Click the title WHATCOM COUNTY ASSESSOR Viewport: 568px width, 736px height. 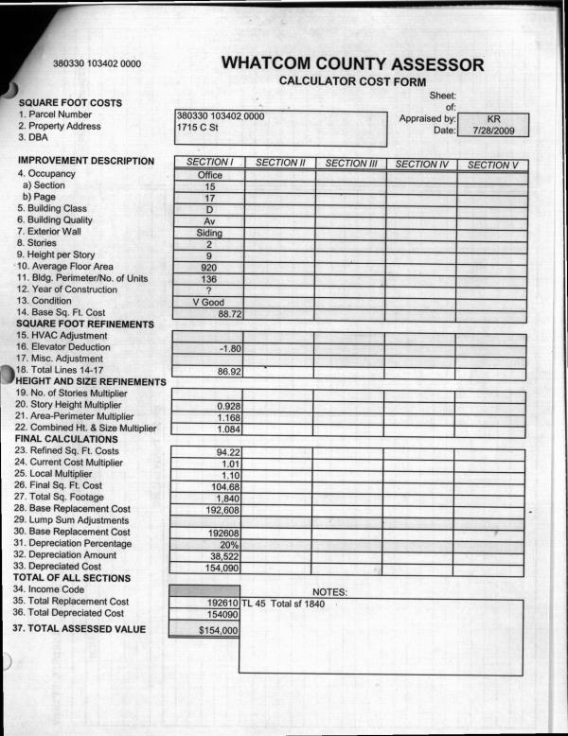tap(352, 64)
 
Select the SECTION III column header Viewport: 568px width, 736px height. tap(350, 164)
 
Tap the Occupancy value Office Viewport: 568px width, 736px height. tap(209, 176)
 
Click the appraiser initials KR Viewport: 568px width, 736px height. tap(492, 119)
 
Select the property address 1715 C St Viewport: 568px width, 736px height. tap(198, 127)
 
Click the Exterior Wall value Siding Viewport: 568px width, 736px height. tap(209, 233)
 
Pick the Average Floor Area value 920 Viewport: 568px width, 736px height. tap(209, 268)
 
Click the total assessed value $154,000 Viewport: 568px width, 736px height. tap(217, 628)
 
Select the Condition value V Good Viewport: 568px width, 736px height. tap(209, 302)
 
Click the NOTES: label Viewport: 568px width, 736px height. tap(330, 592)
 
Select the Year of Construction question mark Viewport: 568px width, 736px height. tap(209, 290)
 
